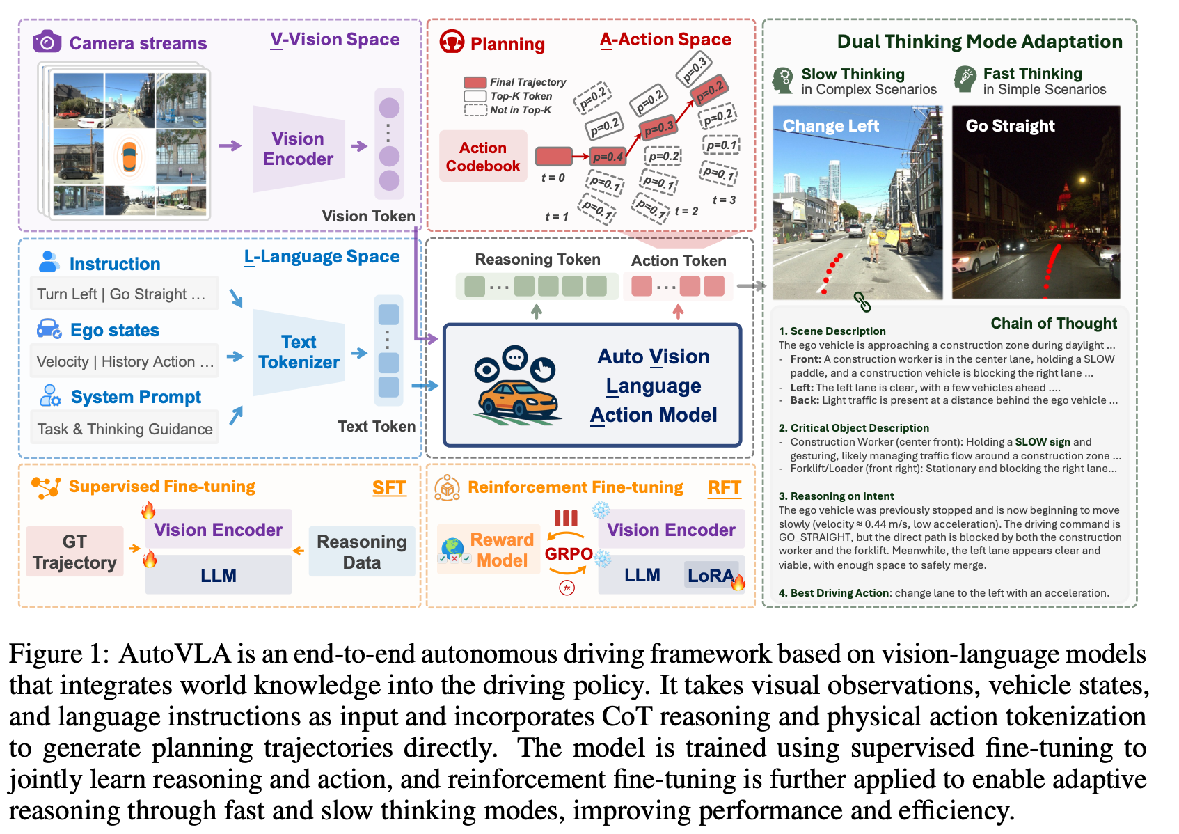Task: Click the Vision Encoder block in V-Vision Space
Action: click(298, 149)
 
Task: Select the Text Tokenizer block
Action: click(299, 352)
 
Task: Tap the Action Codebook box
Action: click(483, 157)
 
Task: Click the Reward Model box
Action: click(501, 550)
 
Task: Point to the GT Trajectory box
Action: click(74, 552)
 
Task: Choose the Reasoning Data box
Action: click(361, 552)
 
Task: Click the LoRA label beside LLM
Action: click(710, 576)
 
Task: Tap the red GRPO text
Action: click(569, 553)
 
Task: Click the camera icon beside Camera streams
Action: click(47, 42)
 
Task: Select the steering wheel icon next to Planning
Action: click(452, 42)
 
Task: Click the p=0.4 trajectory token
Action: click(608, 157)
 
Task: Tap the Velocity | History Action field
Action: click(125, 361)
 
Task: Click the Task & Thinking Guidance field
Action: click(125, 429)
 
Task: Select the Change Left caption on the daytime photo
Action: click(830, 126)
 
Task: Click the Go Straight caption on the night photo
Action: click(1010, 126)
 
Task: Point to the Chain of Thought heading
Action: click(1053, 323)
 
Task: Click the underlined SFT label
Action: click(388, 488)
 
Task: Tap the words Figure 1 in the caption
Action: click(56, 654)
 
